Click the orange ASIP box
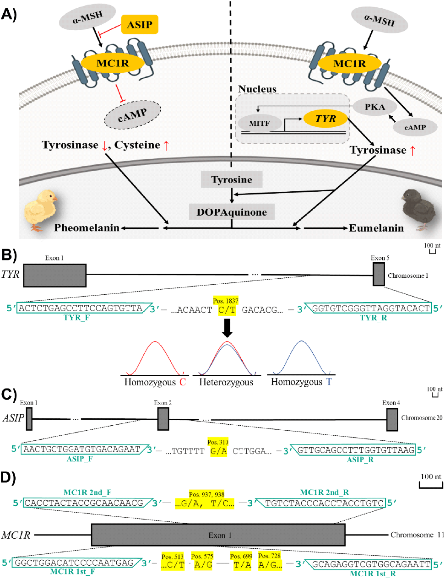coord(140,25)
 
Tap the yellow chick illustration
coord(42,209)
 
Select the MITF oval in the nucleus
coord(260,124)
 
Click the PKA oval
coord(374,107)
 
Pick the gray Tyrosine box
coord(232,179)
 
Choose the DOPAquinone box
coord(232,212)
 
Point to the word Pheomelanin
coord(87,228)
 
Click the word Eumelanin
coord(376,228)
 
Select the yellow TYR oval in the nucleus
coord(326,119)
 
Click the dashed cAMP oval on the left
coord(133,115)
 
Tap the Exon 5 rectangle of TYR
coord(379,275)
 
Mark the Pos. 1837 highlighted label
coord(226,301)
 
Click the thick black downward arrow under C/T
coord(227,328)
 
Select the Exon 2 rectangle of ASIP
coord(163,419)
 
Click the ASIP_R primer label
coord(360,460)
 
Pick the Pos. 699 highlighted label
coord(241,556)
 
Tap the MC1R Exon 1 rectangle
coord(218,535)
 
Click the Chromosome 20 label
coord(422,418)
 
